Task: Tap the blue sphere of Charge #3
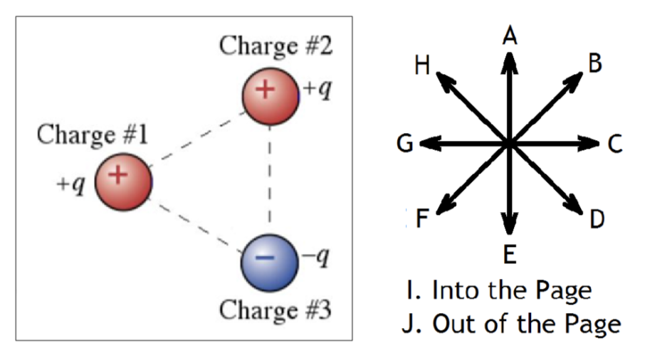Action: [x=268, y=260]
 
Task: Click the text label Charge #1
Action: [x=93, y=134]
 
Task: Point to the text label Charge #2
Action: [x=275, y=46]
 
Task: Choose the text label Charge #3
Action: [x=275, y=310]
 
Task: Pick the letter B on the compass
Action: [x=595, y=63]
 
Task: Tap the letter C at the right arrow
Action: [x=615, y=144]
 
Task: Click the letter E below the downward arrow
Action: [x=510, y=254]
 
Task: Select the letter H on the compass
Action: [x=421, y=67]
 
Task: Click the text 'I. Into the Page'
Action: [x=499, y=290]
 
